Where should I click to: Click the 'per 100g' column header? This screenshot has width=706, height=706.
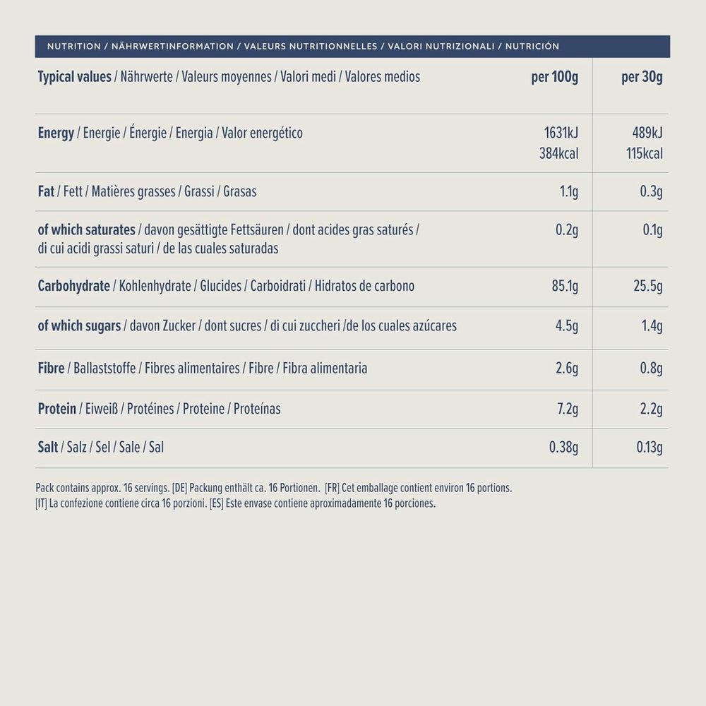[x=554, y=77]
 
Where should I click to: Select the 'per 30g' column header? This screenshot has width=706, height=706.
[x=642, y=77]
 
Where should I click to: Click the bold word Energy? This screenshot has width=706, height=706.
[x=56, y=133]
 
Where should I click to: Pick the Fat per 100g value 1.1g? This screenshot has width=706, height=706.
[x=567, y=191]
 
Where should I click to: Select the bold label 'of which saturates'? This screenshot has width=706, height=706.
[x=86, y=230]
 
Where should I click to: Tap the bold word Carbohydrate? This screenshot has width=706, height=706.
[x=73, y=286]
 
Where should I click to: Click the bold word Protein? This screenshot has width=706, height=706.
[x=56, y=409]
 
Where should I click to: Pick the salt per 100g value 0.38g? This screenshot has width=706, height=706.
[x=563, y=447]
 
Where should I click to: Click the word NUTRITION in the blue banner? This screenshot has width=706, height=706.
[x=73, y=47]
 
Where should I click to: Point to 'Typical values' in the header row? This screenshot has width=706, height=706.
[x=74, y=77]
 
